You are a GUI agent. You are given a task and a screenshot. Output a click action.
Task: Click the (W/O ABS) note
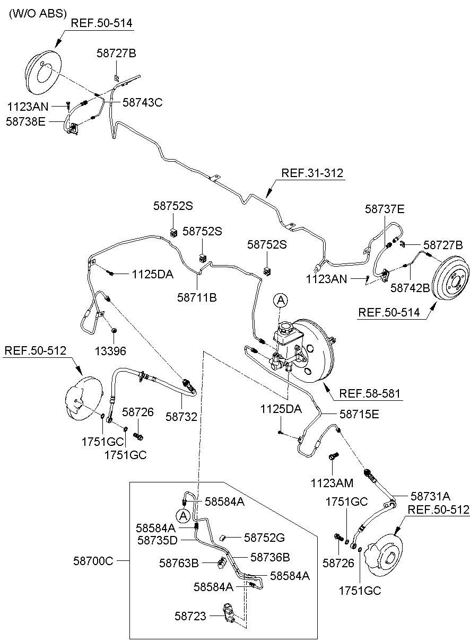pos(38,13)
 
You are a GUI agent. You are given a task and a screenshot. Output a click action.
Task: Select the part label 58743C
pos(143,102)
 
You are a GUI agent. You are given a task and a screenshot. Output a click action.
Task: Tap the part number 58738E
pos(26,121)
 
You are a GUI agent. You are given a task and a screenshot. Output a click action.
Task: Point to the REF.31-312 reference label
pos(312,173)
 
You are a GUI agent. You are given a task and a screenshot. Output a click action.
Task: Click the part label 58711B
pos(197,297)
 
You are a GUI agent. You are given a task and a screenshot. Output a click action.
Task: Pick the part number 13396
pos(110,351)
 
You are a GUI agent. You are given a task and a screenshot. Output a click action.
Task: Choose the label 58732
pos(181,417)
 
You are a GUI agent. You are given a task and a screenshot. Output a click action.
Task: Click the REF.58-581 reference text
pos(370,393)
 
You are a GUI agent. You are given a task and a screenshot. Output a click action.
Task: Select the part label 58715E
pos(359,414)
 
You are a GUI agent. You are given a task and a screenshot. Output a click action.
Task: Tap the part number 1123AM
pos(332,483)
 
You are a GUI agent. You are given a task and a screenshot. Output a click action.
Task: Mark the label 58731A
pos(430,496)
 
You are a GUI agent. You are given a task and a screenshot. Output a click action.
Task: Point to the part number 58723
pos(190,616)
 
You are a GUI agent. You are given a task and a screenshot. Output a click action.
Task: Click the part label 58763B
pos(179,563)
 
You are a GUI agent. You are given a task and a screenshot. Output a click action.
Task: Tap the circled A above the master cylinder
pos(281,301)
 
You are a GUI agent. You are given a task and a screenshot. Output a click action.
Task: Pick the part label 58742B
pos(410,288)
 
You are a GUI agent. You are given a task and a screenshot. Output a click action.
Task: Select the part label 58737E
pos(385,209)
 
